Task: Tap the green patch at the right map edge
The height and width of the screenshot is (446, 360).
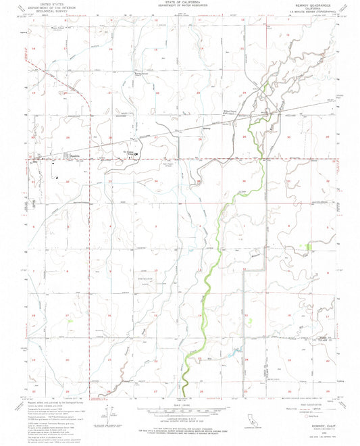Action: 309,248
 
